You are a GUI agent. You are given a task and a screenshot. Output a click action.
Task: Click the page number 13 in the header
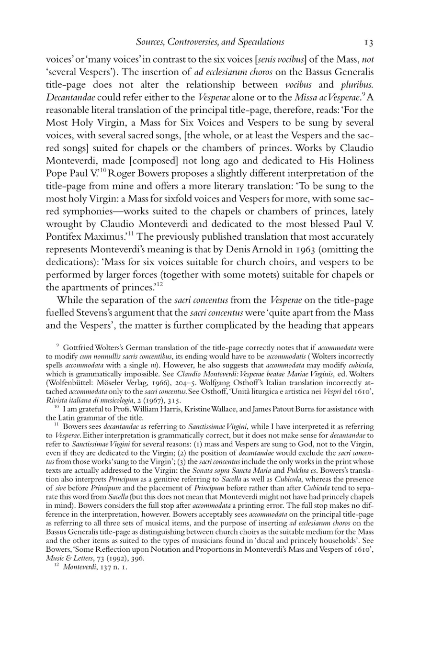point(368,43)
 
